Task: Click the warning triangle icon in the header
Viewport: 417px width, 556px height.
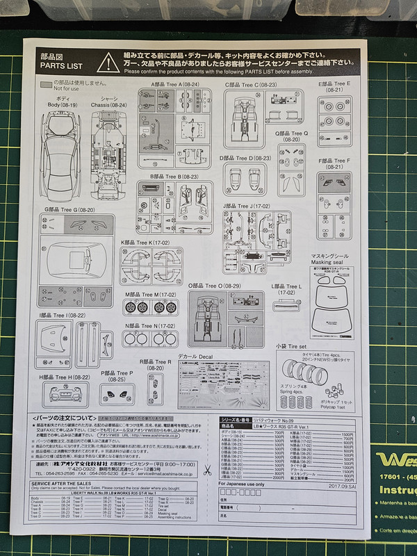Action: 108,62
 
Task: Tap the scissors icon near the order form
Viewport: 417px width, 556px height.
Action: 207,471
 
